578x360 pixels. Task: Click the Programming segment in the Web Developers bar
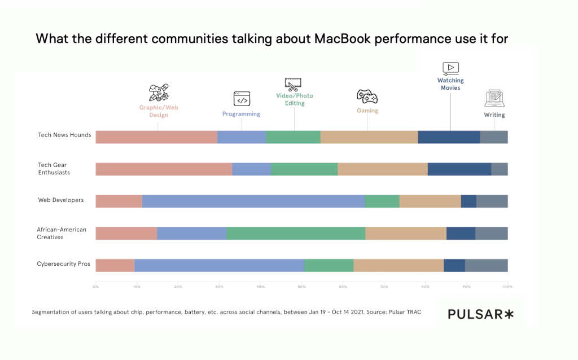pos(253,201)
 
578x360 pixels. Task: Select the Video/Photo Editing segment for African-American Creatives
pos(295,233)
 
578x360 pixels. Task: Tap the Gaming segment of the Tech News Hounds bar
pos(369,137)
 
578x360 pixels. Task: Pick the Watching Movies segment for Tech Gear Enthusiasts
pos(459,169)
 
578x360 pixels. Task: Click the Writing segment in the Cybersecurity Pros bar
pos(486,265)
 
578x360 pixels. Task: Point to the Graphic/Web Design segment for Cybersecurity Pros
pos(115,265)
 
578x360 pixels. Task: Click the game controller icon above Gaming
pos(367,95)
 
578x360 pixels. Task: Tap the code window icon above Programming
pos(242,99)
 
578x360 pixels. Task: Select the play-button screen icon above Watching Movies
pos(450,68)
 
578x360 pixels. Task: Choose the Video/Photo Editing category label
pos(294,99)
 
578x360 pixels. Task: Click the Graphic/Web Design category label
pos(159,111)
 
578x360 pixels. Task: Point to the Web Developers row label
pos(60,200)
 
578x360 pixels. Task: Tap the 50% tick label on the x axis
pos(301,287)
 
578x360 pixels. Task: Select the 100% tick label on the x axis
pos(507,287)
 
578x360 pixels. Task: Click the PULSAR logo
pos(481,314)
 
